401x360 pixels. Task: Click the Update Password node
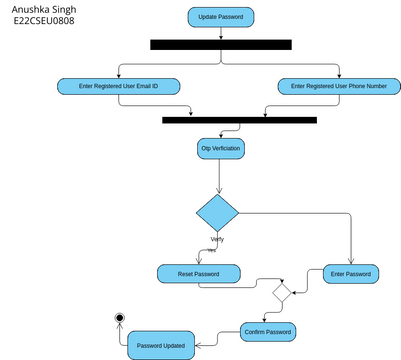point(221,17)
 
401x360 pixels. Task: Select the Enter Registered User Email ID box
point(119,87)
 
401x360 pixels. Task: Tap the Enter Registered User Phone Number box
point(338,87)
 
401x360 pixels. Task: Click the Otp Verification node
point(221,148)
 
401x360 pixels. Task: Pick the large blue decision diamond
point(217,213)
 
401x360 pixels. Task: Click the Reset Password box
point(199,274)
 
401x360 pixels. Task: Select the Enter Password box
point(351,273)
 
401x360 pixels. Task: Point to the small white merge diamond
point(282,293)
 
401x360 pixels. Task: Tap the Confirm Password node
point(268,331)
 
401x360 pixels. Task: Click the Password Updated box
point(160,345)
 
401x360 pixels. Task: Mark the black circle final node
point(120,318)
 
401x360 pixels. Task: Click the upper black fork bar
point(220,44)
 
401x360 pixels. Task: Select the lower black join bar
point(239,120)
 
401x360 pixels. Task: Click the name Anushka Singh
point(43,8)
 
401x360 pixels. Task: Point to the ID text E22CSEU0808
point(43,20)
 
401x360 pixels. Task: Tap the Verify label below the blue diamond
point(216,239)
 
